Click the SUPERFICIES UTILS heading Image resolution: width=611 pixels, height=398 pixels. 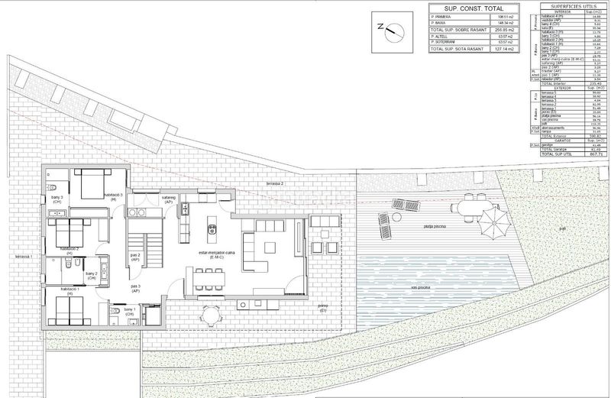[567, 5]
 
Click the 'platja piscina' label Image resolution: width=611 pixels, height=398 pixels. [436, 226]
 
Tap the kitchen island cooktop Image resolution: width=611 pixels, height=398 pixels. [213, 225]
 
